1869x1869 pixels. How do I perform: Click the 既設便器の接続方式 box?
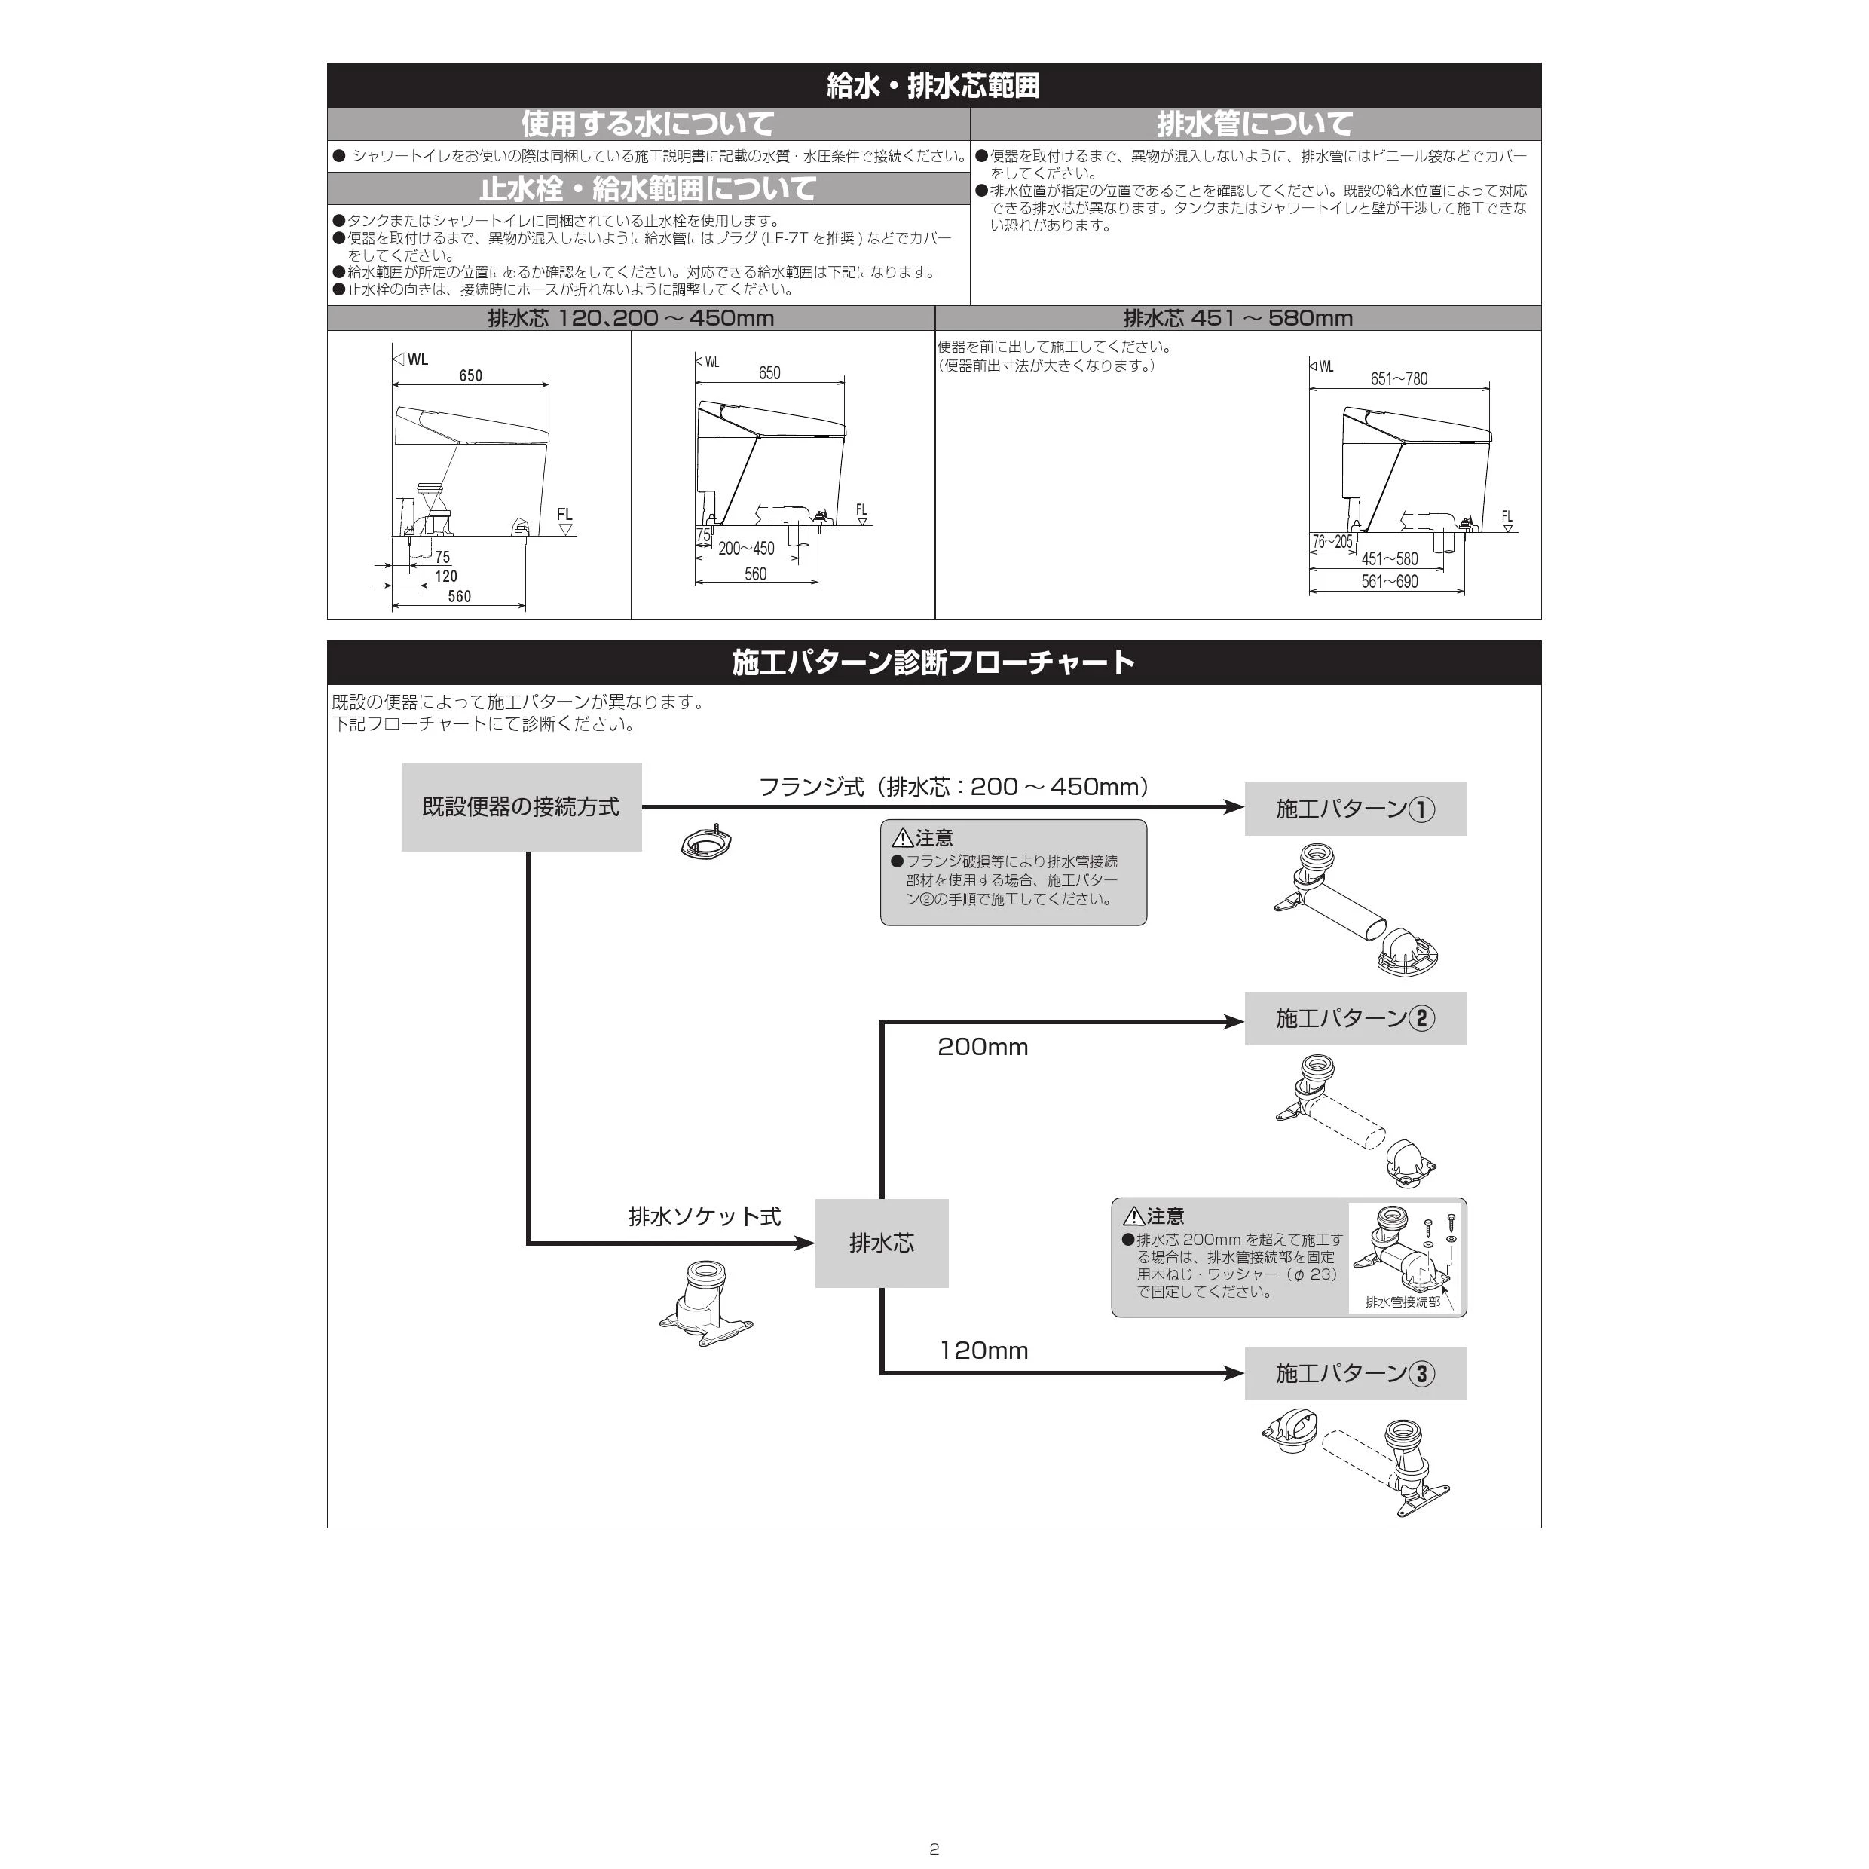(x=522, y=807)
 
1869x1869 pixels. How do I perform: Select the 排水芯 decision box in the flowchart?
(x=881, y=1243)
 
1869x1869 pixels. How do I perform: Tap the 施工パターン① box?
(x=1355, y=809)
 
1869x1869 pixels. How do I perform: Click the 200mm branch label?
(x=982, y=1047)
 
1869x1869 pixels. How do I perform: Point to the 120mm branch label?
(x=983, y=1351)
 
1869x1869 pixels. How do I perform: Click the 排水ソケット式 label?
(x=704, y=1216)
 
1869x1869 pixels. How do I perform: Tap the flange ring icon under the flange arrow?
(x=705, y=843)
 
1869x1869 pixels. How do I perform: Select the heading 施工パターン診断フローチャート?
(x=934, y=662)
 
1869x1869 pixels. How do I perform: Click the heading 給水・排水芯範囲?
(x=934, y=86)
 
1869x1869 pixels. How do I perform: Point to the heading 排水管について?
(x=1255, y=124)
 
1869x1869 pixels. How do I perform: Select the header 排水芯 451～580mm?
(x=1237, y=318)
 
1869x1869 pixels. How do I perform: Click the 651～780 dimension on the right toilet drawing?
(x=1398, y=378)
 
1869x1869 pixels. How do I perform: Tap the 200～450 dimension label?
(x=746, y=549)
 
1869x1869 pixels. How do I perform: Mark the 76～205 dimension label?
(x=1332, y=542)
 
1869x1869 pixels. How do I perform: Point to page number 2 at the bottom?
(x=934, y=1849)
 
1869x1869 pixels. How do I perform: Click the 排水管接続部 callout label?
(x=1402, y=1302)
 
